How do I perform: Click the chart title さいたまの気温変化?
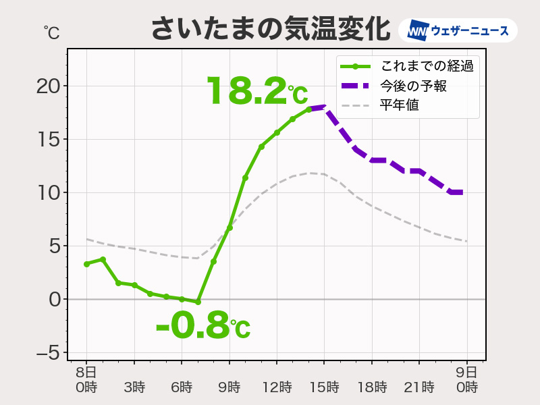click(269, 30)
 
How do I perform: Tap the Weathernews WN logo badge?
click(458, 31)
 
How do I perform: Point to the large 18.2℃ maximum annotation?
click(256, 91)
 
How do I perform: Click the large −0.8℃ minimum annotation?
click(202, 326)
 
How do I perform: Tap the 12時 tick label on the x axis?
click(277, 387)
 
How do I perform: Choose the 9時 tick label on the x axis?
click(229, 387)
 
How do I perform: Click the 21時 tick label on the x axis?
click(419, 387)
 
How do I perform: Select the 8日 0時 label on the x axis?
click(86, 380)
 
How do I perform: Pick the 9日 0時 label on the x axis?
click(466, 380)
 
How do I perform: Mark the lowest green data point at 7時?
click(198, 302)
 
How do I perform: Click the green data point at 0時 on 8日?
click(86, 264)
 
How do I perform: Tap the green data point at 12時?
click(277, 132)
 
